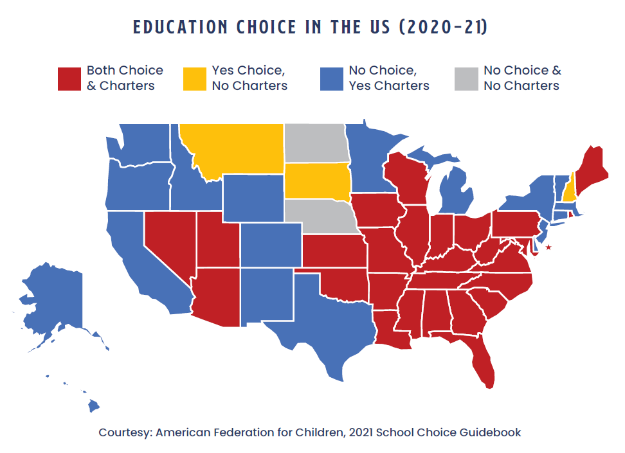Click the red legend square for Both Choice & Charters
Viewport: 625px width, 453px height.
tap(69, 78)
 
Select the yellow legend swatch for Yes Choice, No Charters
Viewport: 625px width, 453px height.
tap(194, 78)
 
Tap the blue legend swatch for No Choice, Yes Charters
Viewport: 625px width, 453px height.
tap(331, 78)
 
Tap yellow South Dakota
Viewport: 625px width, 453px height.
tap(317, 181)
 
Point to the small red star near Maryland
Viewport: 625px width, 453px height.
tap(548, 247)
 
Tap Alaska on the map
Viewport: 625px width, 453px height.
tap(55, 302)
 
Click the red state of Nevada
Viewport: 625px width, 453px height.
tap(168, 244)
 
